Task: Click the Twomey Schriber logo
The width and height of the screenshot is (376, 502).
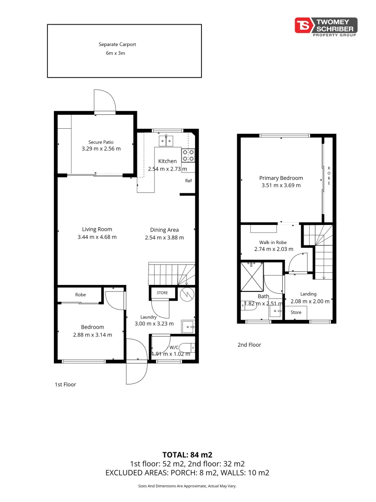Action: tap(326, 26)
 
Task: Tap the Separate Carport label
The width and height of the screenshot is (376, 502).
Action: tap(117, 45)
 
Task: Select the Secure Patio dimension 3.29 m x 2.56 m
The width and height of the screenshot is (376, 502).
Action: tap(101, 149)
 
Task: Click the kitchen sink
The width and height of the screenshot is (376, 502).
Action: tap(166, 139)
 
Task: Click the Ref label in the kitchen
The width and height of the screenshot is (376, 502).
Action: tap(188, 180)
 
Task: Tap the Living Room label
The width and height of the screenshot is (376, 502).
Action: tap(97, 229)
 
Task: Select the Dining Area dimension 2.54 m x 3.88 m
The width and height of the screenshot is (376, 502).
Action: tap(164, 238)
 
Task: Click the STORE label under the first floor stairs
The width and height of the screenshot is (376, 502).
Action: tap(162, 293)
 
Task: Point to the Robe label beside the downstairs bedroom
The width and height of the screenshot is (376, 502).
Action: tap(80, 295)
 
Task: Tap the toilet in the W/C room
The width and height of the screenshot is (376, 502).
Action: tap(188, 347)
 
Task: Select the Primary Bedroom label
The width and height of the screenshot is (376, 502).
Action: tap(281, 178)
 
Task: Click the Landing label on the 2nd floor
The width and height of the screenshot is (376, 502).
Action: tap(308, 294)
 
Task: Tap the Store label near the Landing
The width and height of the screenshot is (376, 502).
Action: tap(296, 313)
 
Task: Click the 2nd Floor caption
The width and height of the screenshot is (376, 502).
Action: tap(249, 345)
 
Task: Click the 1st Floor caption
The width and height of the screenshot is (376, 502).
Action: tap(65, 384)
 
